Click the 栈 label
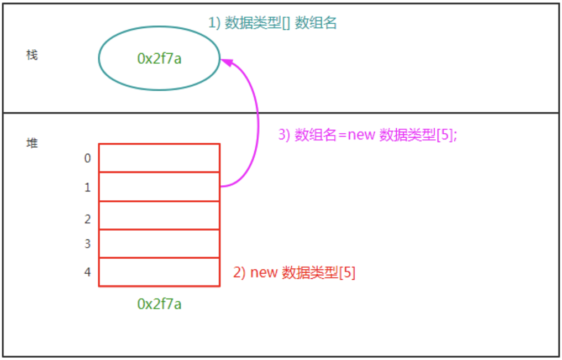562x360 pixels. pos(32,55)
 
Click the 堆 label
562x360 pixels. pos(32,143)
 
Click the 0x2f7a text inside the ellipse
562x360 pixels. pos(159,59)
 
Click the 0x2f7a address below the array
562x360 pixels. pos(159,304)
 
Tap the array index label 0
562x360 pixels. pos(87,158)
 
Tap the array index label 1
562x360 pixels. pos(87,187)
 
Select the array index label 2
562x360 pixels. pos(87,219)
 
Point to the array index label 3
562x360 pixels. pos(87,244)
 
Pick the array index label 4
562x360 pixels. pos(87,272)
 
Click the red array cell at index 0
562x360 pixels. pos(159,158)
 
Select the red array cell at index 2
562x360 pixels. pos(159,216)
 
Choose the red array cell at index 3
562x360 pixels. pos(159,244)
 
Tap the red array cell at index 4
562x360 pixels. pos(159,272)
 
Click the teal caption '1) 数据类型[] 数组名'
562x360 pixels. pos(273,23)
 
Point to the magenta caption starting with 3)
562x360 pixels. pos(367,135)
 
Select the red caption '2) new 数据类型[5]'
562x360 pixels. pos(294,273)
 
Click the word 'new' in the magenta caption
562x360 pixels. pos(361,135)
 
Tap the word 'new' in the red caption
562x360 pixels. pos(264,273)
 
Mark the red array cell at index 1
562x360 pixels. pos(159,187)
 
